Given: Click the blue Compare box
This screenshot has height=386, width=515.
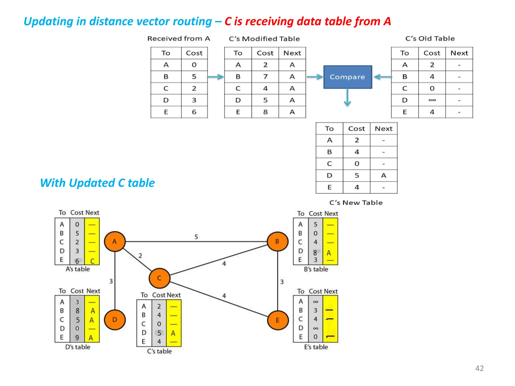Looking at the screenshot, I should click(x=348, y=77).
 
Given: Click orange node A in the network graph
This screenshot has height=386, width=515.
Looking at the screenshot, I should click(x=115, y=242).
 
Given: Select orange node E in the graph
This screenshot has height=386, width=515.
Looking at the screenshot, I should click(x=278, y=320).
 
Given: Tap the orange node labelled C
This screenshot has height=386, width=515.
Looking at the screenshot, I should click(x=159, y=278).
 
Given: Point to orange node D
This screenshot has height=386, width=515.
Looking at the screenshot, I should click(x=115, y=320).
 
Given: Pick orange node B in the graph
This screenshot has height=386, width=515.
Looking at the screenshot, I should click(x=277, y=242).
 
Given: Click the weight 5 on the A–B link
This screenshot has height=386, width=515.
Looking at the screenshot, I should click(x=196, y=237).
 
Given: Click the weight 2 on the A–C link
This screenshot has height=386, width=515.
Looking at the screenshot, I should click(x=140, y=256).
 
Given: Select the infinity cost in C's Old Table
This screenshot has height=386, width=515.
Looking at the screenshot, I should click(x=432, y=100).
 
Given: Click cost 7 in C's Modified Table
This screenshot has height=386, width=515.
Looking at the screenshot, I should click(x=265, y=77).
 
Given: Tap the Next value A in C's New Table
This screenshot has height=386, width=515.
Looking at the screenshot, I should click(x=383, y=175).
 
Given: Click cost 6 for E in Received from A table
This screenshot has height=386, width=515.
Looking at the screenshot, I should click(x=194, y=112).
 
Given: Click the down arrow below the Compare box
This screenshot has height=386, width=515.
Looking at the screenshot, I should click(x=347, y=98).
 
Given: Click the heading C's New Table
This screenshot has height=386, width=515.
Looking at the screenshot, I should click(x=356, y=203).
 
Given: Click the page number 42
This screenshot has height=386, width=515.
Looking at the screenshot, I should click(x=479, y=368).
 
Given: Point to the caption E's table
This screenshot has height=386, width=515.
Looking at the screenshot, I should click(x=316, y=347).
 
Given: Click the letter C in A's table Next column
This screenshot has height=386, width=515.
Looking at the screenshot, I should click(x=92, y=261).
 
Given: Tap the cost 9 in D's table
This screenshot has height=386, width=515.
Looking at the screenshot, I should click(x=77, y=338).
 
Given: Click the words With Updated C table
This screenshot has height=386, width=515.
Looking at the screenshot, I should click(x=97, y=183).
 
